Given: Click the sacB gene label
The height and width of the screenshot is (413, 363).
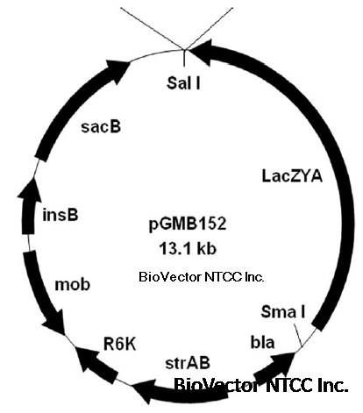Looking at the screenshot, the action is [101, 126].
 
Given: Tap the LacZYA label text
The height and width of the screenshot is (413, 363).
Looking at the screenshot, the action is [292, 176].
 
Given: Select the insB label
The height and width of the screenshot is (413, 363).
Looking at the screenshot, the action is [60, 215].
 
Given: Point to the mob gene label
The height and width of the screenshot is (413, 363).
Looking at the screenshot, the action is [73, 284].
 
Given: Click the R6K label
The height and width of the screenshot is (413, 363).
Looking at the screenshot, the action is [120, 344].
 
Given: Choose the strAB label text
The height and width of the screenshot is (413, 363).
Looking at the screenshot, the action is [188, 363].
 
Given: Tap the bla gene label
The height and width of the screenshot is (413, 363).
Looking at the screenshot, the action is [262, 342].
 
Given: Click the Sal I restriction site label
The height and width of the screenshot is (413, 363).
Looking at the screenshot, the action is [183, 82].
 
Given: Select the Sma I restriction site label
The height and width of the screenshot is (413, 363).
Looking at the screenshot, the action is [283, 311].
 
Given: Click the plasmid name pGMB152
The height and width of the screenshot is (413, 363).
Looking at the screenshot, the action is [188, 224].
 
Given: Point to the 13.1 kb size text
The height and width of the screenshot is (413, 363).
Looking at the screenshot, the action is [188, 249].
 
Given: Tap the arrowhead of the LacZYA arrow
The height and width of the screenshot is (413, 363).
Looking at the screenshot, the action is [203, 53].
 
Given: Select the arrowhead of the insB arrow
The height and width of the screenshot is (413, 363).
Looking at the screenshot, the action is [30, 190].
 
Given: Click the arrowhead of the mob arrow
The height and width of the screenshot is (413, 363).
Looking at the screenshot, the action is [56, 324].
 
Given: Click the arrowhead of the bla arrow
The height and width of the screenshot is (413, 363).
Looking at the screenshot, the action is [283, 362].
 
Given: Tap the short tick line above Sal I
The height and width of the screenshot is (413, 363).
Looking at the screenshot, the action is [184, 58].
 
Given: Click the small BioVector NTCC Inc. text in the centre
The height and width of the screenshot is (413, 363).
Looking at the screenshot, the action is [202, 277].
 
